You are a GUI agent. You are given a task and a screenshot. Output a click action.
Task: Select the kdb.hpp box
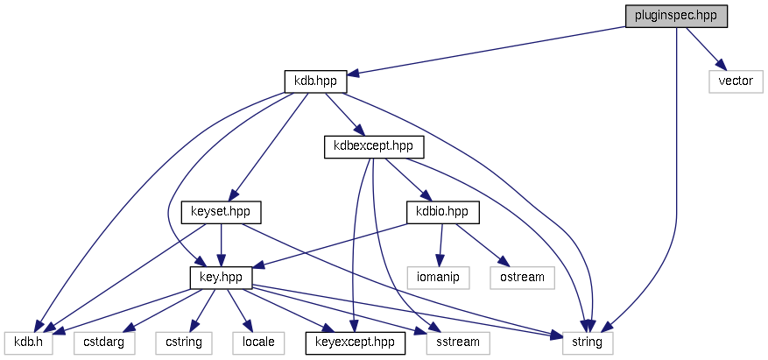316,81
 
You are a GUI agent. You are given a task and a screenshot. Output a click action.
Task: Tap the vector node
736,81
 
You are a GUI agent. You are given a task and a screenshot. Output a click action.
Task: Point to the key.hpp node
221,278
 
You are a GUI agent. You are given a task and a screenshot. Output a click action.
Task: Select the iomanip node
438,278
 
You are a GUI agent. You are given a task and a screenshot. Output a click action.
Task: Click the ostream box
522,278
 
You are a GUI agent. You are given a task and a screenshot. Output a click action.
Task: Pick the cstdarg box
104,342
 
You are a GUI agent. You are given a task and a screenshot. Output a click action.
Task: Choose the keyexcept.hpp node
355,342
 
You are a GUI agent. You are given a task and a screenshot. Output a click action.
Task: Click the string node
587,342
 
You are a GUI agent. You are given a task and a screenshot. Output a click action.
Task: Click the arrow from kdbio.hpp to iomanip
440,244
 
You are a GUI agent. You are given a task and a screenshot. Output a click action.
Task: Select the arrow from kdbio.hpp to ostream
480,243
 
